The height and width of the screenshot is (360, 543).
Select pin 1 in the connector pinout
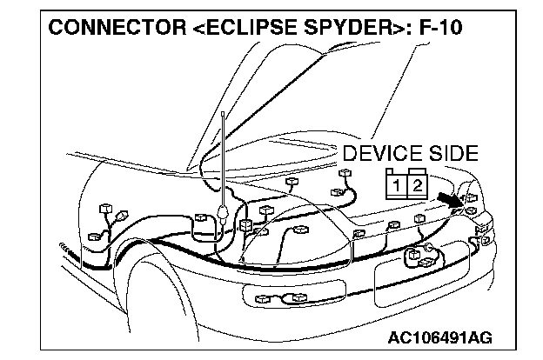point(397,185)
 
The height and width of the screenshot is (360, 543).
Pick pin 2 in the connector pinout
point(417,185)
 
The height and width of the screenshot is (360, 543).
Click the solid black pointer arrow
point(451,201)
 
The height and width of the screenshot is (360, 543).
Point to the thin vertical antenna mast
point(225,157)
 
